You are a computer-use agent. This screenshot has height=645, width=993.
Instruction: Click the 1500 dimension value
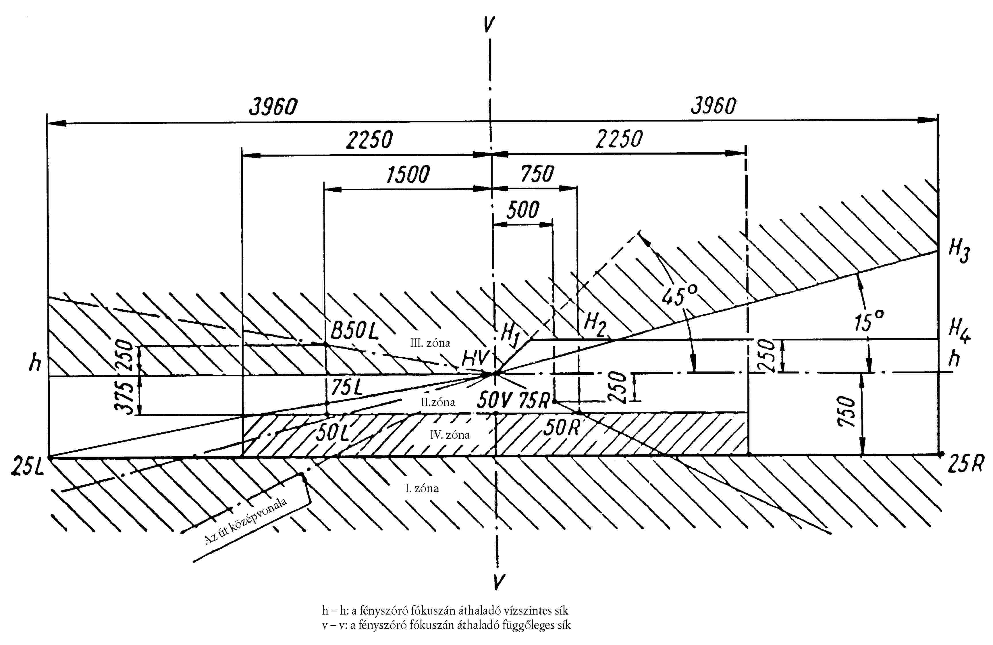(408, 175)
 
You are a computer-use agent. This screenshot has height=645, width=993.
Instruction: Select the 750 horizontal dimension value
(537, 174)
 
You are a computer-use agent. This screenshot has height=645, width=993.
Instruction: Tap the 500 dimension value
(523, 209)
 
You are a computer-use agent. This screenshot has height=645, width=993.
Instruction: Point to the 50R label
(561, 427)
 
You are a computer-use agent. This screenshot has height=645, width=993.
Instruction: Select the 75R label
(535, 401)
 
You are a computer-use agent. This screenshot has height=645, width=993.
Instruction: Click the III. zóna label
(430, 343)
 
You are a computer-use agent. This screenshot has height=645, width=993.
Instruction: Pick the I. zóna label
(422, 488)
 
